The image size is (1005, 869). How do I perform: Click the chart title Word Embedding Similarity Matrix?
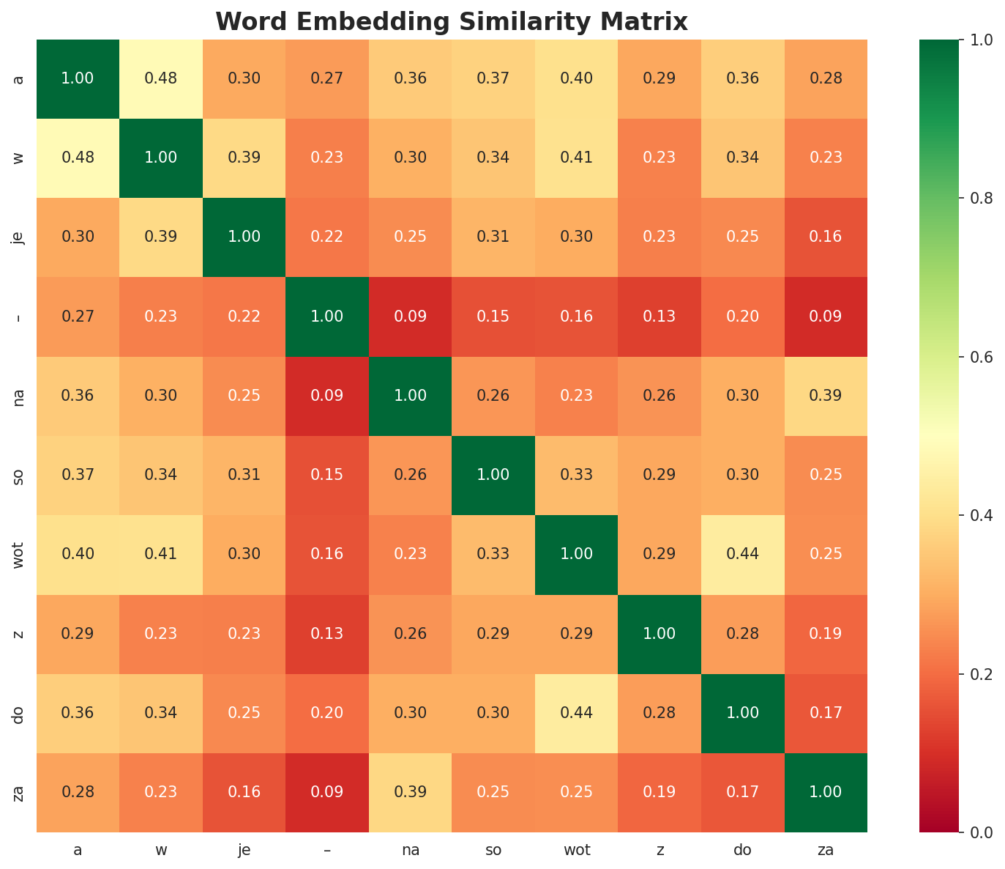coord(452,22)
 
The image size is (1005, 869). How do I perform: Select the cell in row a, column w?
coord(161,78)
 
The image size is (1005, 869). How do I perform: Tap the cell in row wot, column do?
coord(742,554)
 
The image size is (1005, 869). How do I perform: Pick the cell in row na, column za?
coord(826,396)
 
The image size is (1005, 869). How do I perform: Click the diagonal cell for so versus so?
coord(493,475)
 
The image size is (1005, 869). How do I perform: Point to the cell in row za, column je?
coord(244,792)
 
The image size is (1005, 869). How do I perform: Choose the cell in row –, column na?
coord(410,317)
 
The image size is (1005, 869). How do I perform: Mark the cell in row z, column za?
coord(826,634)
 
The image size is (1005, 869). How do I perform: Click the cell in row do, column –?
coord(327,713)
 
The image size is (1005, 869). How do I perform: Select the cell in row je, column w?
coord(161,237)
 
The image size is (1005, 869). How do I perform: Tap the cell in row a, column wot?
coord(576,78)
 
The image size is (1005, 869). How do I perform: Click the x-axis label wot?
coord(576,850)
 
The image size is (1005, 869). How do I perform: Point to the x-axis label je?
coord(244,850)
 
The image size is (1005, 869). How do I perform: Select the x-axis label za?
coord(826,850)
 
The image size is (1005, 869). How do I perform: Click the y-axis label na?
coord(19,396)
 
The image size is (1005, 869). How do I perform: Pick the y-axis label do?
coord(19,713)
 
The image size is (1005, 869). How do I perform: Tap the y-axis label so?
coord(19,475)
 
